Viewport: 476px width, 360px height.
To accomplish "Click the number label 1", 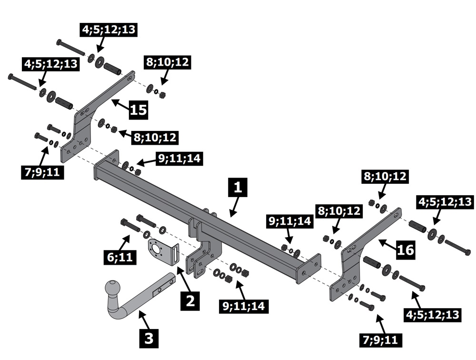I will (238, 187).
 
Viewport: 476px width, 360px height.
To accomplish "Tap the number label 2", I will (190, 300).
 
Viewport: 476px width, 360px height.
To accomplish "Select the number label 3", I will (149, 339).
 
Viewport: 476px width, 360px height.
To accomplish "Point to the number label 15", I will (138, 110).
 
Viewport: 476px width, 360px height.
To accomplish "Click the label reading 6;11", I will (119, 258).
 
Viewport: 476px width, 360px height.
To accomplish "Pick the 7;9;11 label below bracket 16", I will (380, 340).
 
